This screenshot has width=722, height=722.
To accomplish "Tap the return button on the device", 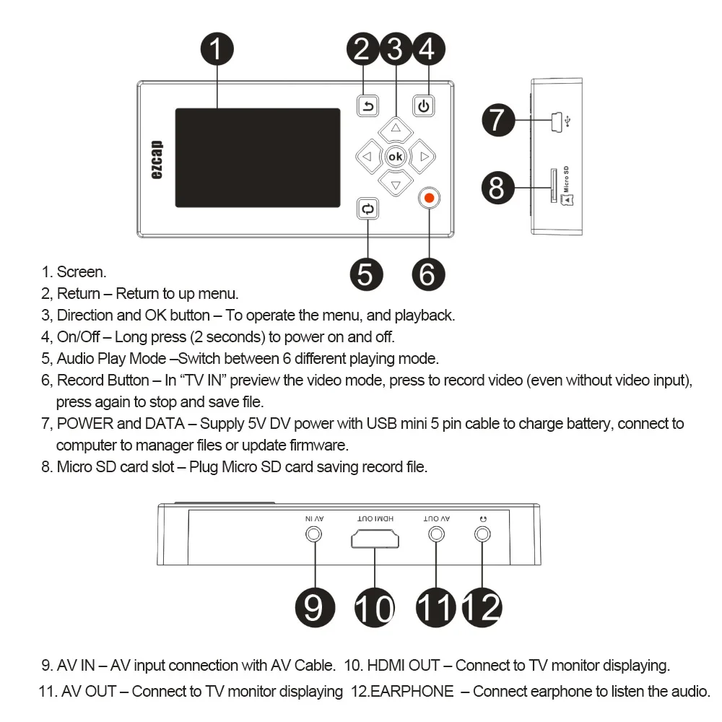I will click(x=367, y=107).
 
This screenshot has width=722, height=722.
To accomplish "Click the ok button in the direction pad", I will click(x=395, y=156).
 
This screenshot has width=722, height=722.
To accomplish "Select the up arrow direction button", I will click(x=395, y=129).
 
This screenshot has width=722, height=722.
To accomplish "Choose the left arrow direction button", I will click(x=367, y=156).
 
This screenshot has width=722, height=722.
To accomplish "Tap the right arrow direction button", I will click(x=423, y=156).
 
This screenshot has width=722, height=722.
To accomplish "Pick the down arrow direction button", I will click(x=395, y=184).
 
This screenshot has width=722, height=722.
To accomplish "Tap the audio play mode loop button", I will click(x=367, y=209).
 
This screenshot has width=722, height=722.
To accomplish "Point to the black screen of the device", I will click(x=257, y=157).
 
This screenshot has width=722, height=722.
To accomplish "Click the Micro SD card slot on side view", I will click(x=554, y=186).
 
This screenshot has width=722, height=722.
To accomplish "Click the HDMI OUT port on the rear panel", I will click(x=375, y=539).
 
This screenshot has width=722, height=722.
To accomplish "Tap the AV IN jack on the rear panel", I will click(x=314, y=535).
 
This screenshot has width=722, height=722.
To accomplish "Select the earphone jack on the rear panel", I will click(x=482, y=535).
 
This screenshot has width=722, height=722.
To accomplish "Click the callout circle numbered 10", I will click(x=375, y=607).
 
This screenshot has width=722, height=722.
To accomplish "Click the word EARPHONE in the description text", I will click(x=412, y=692).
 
